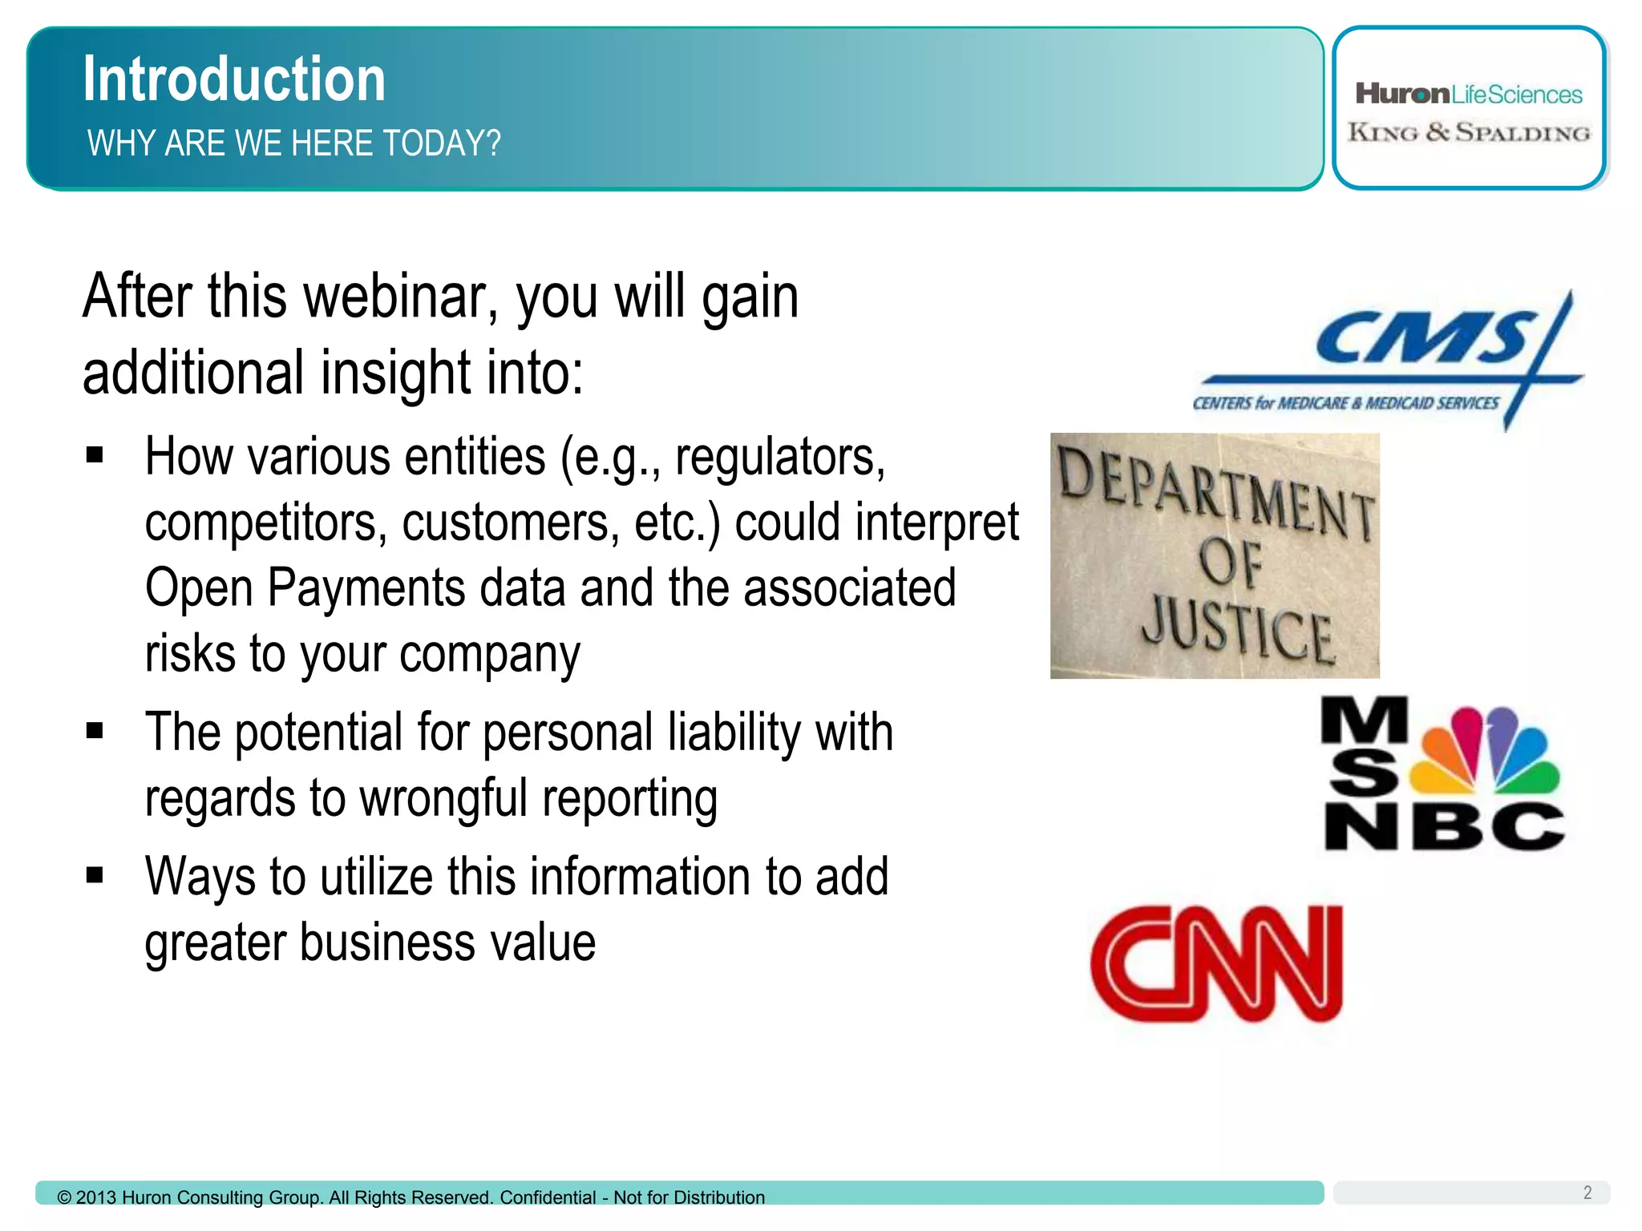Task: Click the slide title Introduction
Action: pos(234,79)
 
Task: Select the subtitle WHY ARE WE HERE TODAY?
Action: pos(293,143)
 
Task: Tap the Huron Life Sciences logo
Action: pos(1468,95)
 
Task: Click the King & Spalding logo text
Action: pos(1468,133)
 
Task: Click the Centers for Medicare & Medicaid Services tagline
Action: pos(1345,403)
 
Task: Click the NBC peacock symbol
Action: pos(1485,749)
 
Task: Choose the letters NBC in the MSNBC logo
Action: pos(1443,826)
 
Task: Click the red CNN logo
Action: pos(1216,964)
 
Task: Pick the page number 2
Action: pos(1587,1193)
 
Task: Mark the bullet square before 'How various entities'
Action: pos(95,455)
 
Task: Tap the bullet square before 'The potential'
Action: pos(95,731)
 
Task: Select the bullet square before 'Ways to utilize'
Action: pos(95,874)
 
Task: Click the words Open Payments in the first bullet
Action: pos(305,587)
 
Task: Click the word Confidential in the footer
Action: pos(548,1197)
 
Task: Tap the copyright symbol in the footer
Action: pos(64,1197)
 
